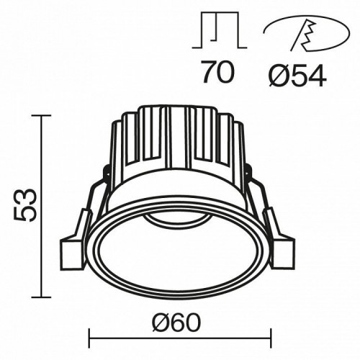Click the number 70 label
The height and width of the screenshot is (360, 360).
217,73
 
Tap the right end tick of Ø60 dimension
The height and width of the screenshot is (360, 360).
271,336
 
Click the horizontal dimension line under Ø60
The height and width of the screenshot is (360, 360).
179,336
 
